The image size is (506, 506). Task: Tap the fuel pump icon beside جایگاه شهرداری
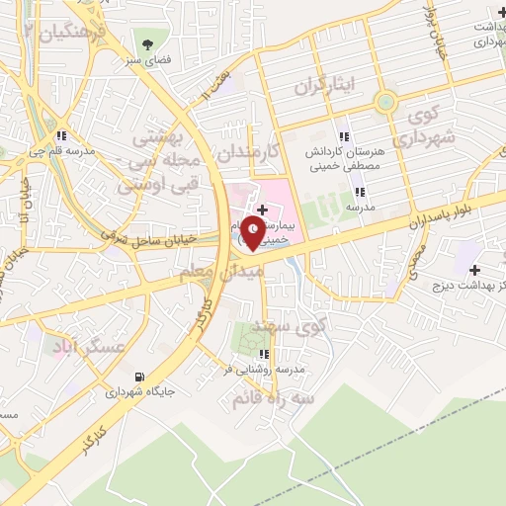[x=137, y=376]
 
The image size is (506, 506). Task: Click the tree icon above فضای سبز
[x=148, y=43]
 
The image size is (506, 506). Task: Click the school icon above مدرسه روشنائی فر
[x=263, y=354]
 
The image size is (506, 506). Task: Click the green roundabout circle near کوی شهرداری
[x=385, y=102]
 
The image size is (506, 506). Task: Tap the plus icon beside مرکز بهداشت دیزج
[x=475, y=270]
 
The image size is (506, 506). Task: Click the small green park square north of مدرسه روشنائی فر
[x=248, y=340]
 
